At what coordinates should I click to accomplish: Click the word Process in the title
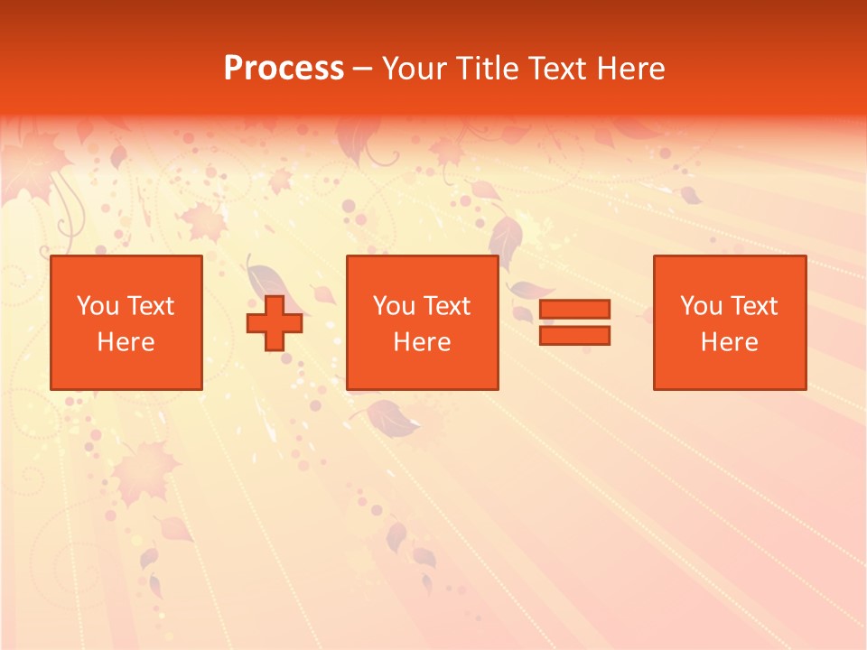[x=284, y=69]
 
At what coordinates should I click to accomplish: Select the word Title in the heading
[x=489, y=69]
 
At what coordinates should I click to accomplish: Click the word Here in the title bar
[x=632, y=69]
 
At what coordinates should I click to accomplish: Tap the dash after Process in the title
[x=363, y=70]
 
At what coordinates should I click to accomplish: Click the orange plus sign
[x=275, y=323]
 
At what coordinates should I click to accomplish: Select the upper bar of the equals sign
[x=574, y=309]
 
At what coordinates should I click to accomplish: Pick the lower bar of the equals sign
[x=574, y=335]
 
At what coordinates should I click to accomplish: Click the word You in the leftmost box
[x=98, y=306]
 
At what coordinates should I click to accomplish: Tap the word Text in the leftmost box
[x=149, y=306]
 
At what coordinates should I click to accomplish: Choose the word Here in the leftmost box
[x=126, y=342]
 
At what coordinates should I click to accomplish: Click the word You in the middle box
[x=394, y=306]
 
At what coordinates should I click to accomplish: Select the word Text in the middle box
[x=445, y=306]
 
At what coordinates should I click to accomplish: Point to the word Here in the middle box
[x=422, y=342]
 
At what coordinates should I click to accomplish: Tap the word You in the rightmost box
[x=701, y=306]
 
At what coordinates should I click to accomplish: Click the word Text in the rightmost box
[x=752, y=306]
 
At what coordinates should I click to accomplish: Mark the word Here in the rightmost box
[x=729, y=342]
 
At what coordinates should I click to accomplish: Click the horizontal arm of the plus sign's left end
[x=254, y=323]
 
